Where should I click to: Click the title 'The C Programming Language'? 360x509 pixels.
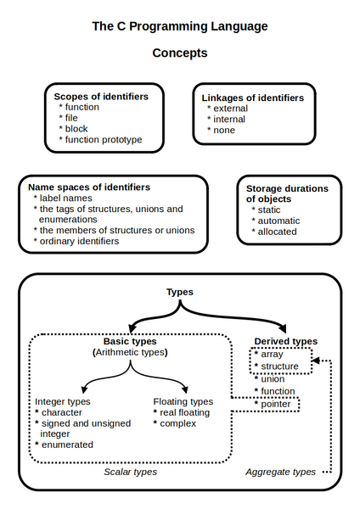pyautogui.click(x=180, y=26)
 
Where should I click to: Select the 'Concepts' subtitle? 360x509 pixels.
pyautogui.click(x=180, y=53)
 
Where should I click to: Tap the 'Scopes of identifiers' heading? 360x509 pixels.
pyautogui.click(x=101, y=97)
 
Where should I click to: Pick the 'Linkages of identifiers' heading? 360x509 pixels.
pyautogui.click(x=253, y=98)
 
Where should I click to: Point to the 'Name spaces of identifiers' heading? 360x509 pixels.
pyautogui.click(x=89, y=187)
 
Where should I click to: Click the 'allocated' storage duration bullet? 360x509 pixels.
pyautogui.click(x=278, y=231)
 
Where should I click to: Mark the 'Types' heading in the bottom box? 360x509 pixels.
pyautogui.click(x=179, y=292)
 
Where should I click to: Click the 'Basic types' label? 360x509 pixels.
pyautogui.click(x=129, y=341)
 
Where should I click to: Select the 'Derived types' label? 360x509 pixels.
pyautogui.click(x=285, y=341)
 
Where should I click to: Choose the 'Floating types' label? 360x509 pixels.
pyautogui.click(x=183, y=401)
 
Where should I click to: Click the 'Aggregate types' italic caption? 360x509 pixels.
pyautogui.click(x=280, y=472)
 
